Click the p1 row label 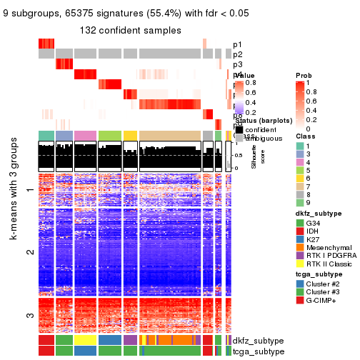[238, 44]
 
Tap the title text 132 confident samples [130, 29]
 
